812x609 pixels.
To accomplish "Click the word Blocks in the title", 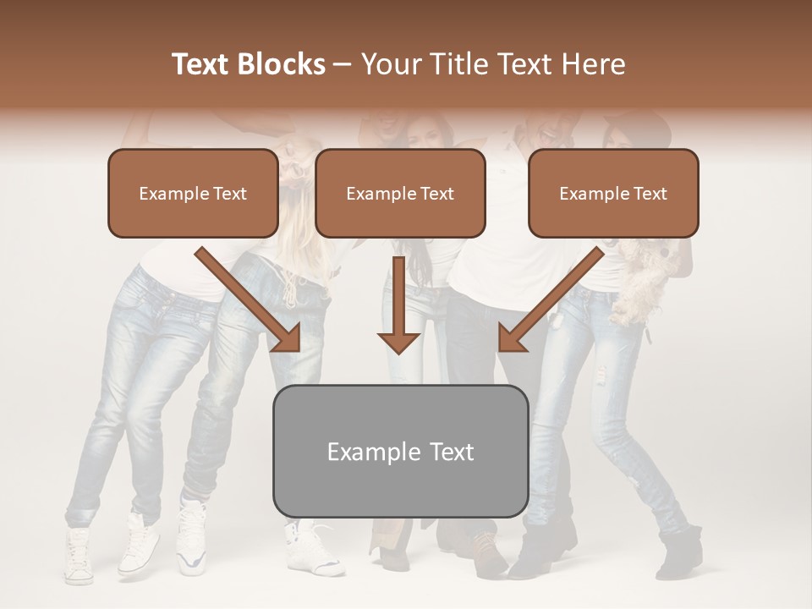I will coord(283,64).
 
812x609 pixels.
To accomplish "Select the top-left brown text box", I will coord(193,193).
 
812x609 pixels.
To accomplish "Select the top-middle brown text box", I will coord(400,193).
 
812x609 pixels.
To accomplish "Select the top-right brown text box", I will coord(613,193).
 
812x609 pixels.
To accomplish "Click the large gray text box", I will coord(400,452).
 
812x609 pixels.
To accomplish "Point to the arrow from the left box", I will coord(250,300).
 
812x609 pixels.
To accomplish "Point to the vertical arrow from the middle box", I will coord(398,306).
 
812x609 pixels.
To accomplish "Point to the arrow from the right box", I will coord(551,300).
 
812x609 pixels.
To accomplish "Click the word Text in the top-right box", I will coord(650,194).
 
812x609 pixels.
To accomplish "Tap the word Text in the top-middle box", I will coord(437,194).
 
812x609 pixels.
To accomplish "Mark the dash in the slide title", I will coord(343,64).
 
